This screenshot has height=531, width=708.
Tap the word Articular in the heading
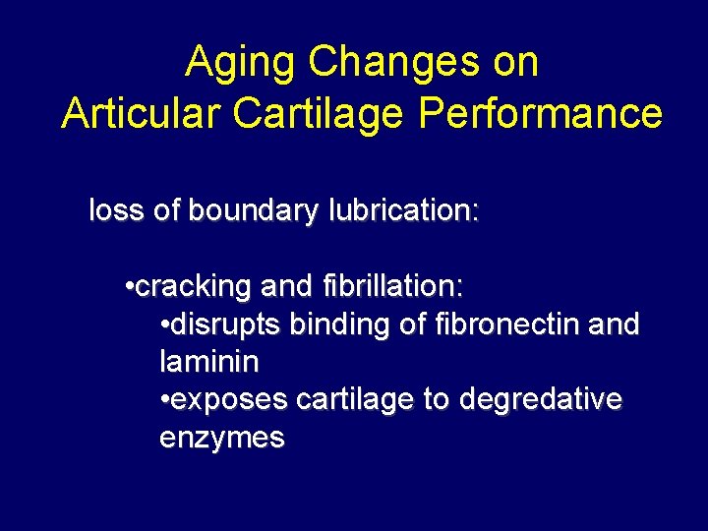pyautogui.click(x=141, y=113)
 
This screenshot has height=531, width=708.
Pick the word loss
pyautogui.click(x=116, y=210)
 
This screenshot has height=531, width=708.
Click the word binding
pyautogui.click(x=334, y=324)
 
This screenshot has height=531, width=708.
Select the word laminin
pyautogui.click(x=208, y=362)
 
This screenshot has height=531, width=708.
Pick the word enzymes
pyautogui.click(x=221, y=439)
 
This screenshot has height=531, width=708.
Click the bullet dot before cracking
pyautogui.click(x=130, y=288)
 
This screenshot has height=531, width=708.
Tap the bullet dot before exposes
pyautogui.click(x=163, y=401)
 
